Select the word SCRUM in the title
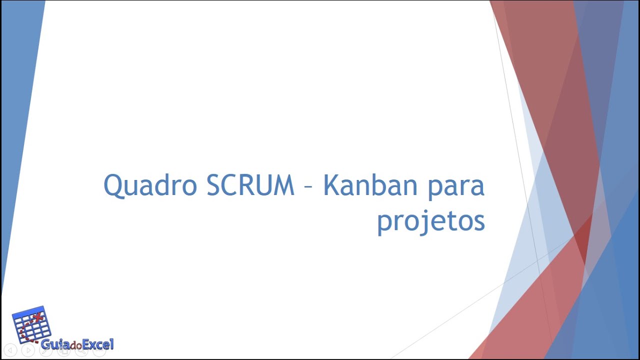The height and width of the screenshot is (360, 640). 250,185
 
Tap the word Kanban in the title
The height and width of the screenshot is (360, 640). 369,185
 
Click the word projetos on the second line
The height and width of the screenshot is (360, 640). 431,221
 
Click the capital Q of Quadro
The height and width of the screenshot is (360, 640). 114,186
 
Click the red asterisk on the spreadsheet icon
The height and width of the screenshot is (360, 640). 37,317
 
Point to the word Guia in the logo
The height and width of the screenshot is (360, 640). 55,344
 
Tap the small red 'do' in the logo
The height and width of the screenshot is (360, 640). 75,345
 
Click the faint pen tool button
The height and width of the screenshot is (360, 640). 45,350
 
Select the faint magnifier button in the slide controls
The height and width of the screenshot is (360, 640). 81,350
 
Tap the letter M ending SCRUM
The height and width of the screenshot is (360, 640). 283,185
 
